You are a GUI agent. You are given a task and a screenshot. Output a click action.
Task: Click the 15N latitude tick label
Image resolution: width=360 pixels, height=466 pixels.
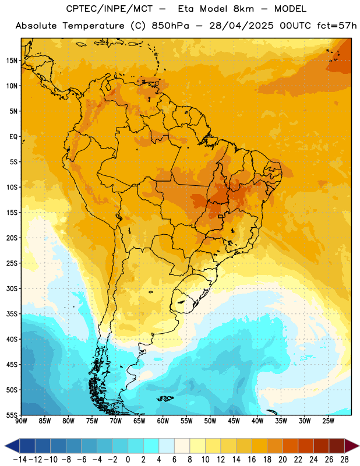pos(12,61)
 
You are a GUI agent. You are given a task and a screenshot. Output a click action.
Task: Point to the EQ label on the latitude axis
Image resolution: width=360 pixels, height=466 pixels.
pos(13,137)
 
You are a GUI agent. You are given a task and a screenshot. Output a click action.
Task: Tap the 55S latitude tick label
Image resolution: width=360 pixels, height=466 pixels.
pos(12,415)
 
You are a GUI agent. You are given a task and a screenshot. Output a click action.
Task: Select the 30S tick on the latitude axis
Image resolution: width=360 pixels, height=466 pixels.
pos(12,288)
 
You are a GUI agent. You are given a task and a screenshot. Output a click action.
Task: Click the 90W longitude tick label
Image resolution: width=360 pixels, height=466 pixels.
pos(21,421)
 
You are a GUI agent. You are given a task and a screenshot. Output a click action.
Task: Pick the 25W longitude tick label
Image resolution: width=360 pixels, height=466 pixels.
pos(328,421)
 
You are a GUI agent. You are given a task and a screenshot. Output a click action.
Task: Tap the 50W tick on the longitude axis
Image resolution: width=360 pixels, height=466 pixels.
pos(210,421)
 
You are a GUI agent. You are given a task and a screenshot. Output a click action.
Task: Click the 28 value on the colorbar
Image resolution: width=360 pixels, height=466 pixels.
pos(344,460)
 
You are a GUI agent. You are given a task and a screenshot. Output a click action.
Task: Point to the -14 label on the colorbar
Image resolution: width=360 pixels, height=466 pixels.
pos(20,460)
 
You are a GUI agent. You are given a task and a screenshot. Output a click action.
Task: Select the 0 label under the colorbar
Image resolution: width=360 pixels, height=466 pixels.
pos(128,460)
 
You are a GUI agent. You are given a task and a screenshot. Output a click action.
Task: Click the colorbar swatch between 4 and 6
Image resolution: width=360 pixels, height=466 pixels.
pos(167,446)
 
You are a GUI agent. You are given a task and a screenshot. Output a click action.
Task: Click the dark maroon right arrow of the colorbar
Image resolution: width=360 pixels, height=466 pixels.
pos(351,446)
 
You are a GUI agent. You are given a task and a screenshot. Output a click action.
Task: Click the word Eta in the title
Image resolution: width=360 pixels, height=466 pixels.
pos(186,9)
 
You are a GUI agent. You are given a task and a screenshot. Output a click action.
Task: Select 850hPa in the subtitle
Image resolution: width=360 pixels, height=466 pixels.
pos(170,26)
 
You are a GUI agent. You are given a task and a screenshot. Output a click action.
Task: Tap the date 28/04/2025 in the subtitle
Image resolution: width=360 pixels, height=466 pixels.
pos(241,26)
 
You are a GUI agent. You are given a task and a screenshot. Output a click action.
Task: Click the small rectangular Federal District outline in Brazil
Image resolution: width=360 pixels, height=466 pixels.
pos(221,216)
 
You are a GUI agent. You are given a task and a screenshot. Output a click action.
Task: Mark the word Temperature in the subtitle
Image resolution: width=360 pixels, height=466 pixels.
pos(93,26)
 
